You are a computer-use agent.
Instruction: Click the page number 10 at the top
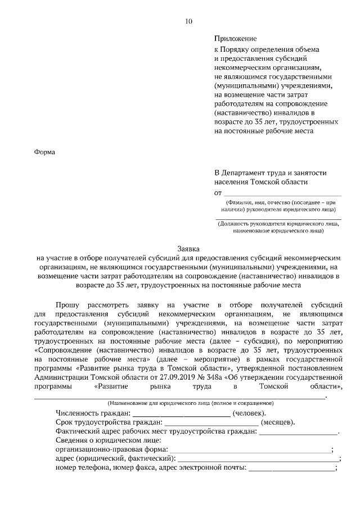tap(188, 21)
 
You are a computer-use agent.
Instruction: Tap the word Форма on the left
tap(45, 152)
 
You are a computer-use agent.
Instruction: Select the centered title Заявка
tap(188, 248)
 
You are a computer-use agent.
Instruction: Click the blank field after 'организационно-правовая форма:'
tap(250, 450)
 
